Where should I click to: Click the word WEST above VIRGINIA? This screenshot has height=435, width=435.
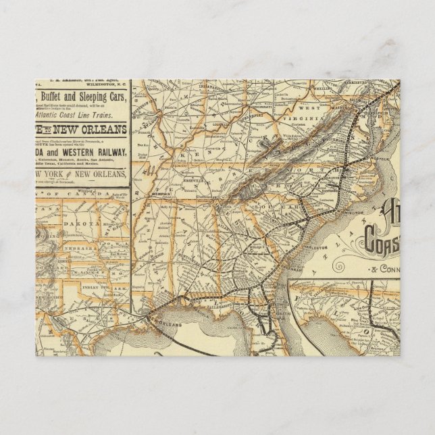310,108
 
